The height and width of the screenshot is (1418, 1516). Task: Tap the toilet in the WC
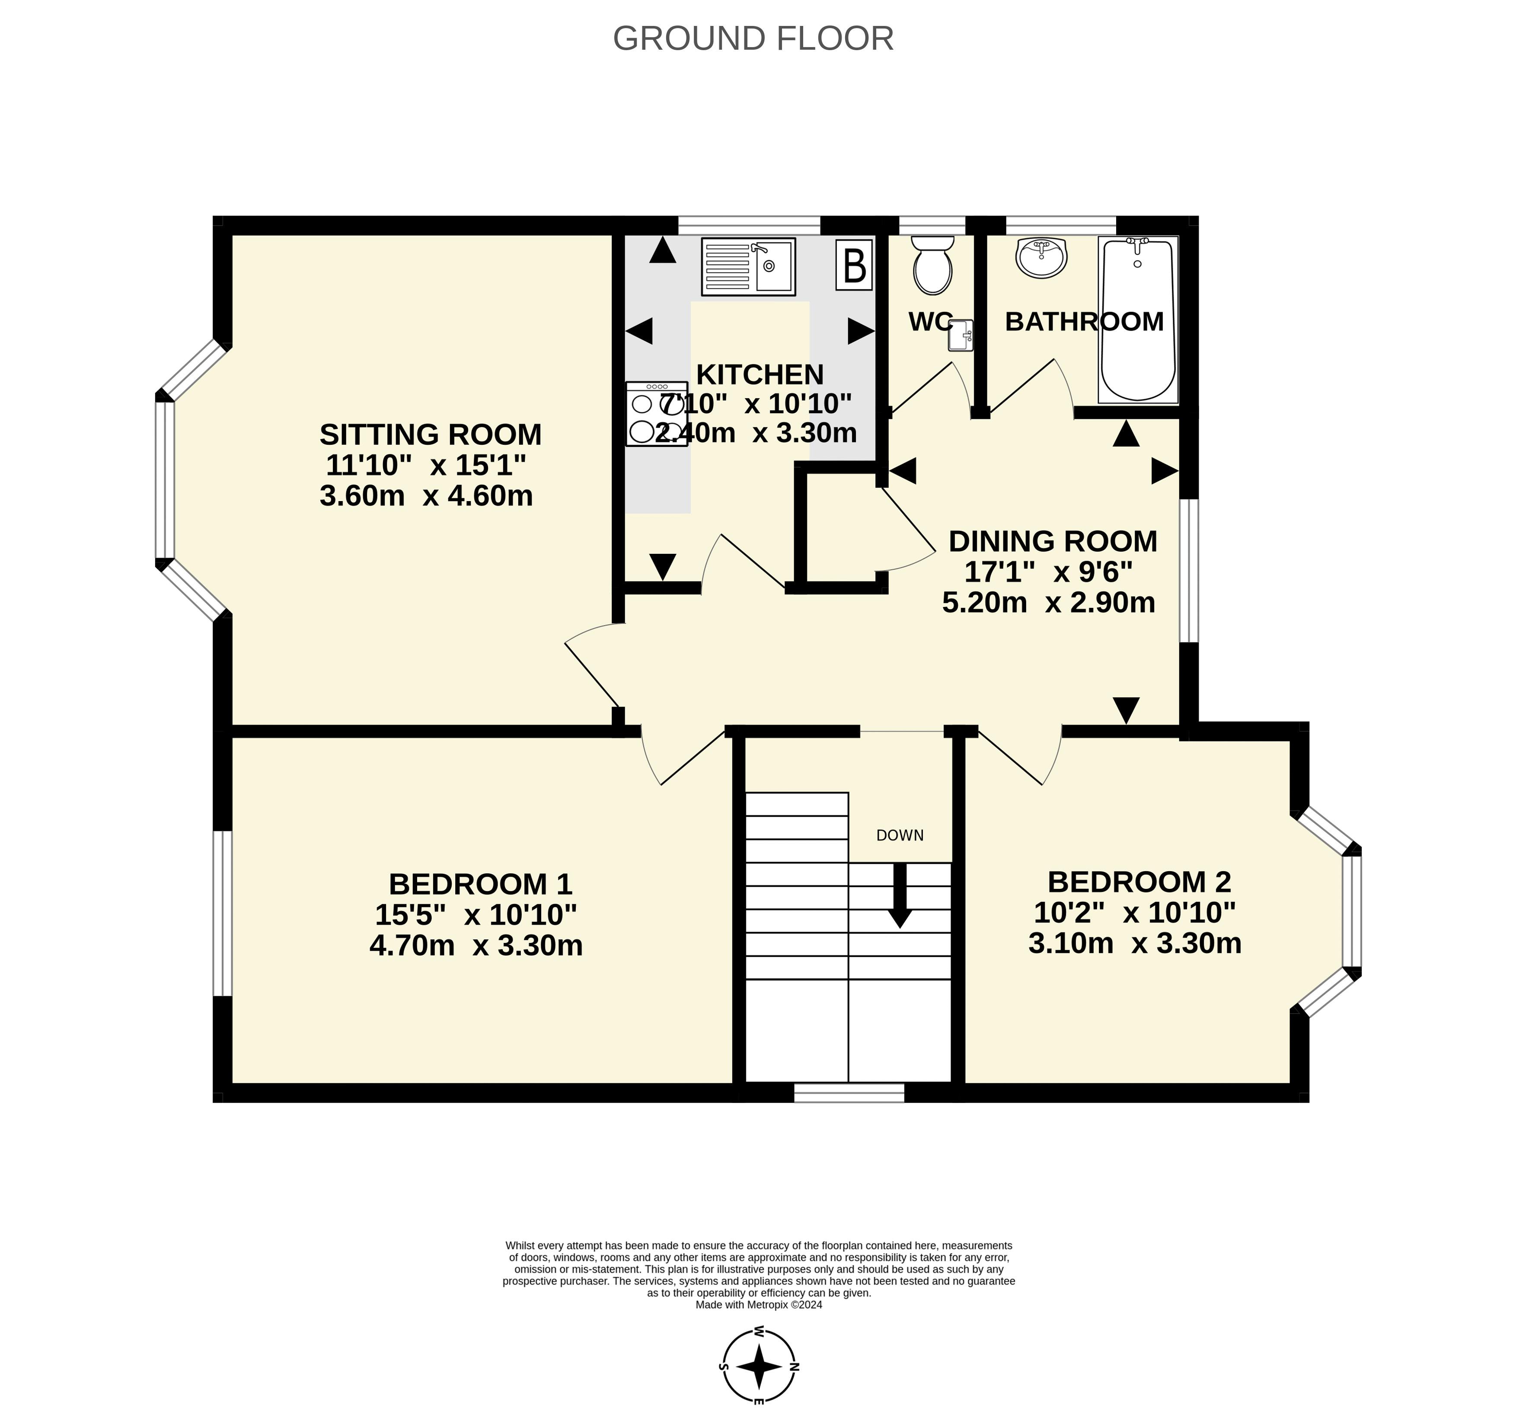[x=932, y=265]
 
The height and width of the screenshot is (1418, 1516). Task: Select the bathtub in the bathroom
[x=1138, y=319]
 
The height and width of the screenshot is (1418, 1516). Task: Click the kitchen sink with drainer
[x=748, y=266]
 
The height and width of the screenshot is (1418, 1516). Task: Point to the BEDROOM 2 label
[x=1139, y=882]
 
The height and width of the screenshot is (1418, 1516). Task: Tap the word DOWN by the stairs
[x=900, y=835]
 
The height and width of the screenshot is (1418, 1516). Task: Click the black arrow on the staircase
[x=900, y=895]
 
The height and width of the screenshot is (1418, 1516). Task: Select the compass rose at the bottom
[x=759, y=1367]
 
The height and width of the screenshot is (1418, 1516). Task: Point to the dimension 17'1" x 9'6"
[x=1049, y=572]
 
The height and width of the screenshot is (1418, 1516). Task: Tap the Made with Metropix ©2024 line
[x=759, y=1305]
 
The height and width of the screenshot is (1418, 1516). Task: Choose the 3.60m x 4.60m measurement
[x=426, y=496]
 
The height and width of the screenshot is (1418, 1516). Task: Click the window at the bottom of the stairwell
[x=849, y=1092]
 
